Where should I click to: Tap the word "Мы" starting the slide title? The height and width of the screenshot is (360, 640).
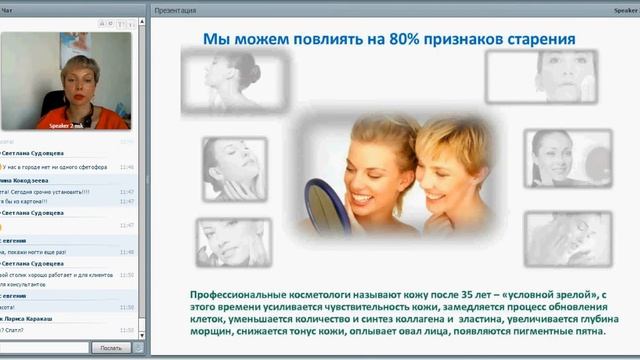click(217, 40)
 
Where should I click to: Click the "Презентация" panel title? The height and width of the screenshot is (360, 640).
click(175, 10)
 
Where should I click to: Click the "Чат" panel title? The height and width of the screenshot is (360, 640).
click(7, 10)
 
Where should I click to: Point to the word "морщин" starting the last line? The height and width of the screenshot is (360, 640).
click(213, 333)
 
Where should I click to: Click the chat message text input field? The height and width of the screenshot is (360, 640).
click(45, 348)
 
